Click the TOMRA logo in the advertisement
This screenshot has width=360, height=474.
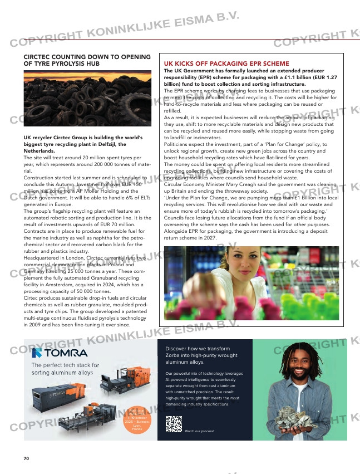59,353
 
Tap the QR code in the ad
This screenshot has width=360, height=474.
173,424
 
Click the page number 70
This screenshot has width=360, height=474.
26,458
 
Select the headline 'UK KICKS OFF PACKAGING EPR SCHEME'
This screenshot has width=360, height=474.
226,64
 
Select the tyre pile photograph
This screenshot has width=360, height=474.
87,98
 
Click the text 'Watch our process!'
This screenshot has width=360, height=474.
199,431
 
